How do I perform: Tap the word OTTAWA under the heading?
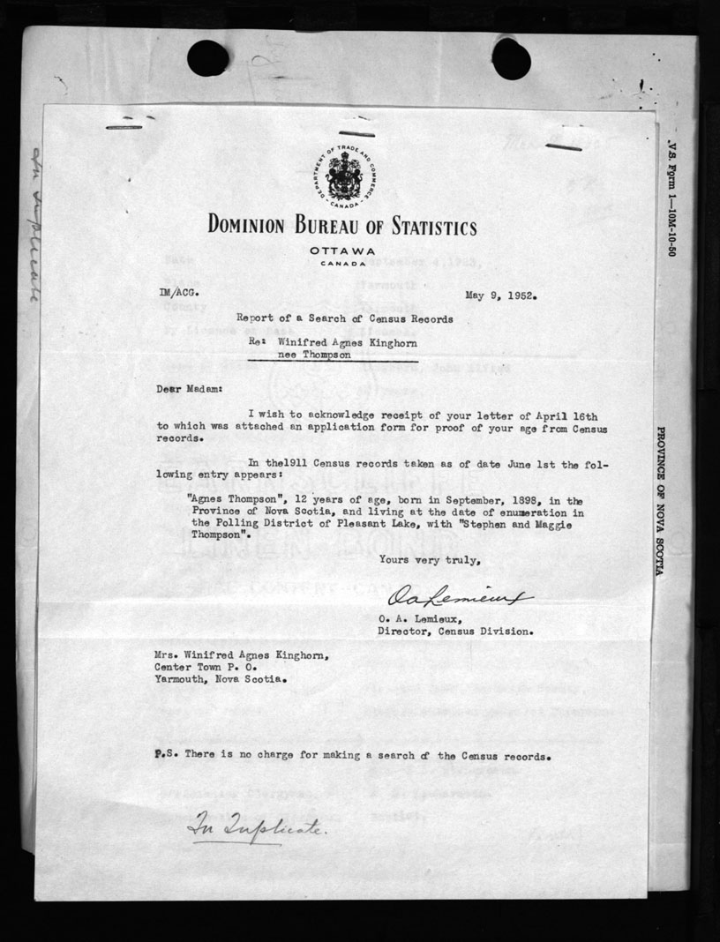tap(342, 251)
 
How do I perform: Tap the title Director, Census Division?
tap(454, 632)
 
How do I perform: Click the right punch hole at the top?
tap(511, 58)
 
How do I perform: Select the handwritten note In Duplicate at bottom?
tap(250, 829)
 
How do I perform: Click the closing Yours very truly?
tap(430, 559)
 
